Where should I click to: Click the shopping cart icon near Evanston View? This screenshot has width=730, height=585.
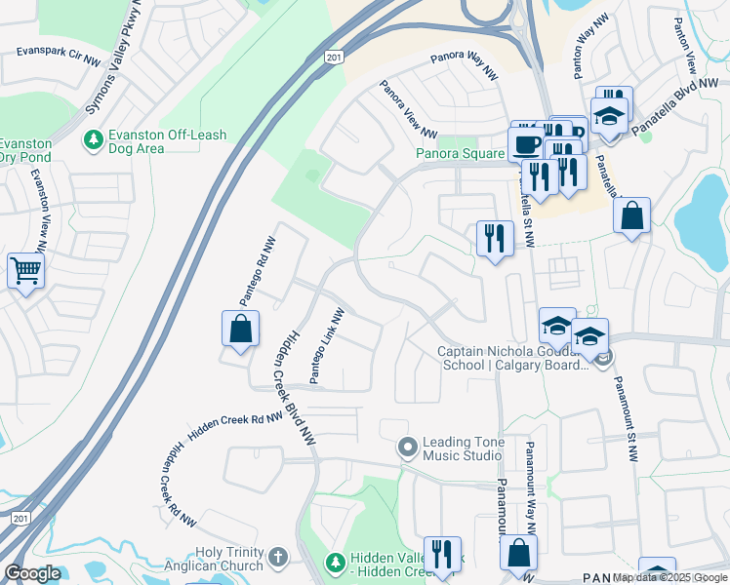click(x=25, y=270)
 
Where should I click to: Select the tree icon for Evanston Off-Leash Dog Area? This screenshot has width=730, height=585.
click(x=94, y=140)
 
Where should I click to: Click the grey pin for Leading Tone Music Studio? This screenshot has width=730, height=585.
click(x=407, y=448)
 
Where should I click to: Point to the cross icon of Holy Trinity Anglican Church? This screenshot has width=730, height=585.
click(x=278, y=558)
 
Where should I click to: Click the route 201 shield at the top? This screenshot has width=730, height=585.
click(x=334, y=58)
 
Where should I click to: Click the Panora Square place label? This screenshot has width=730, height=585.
click(x=460, y=153)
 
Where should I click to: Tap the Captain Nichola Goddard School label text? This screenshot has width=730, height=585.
click(x=512, y=358)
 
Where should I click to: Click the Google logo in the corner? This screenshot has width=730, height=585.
click(x=32, y=573)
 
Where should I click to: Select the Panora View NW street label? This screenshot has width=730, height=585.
click(x=408, y=109)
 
